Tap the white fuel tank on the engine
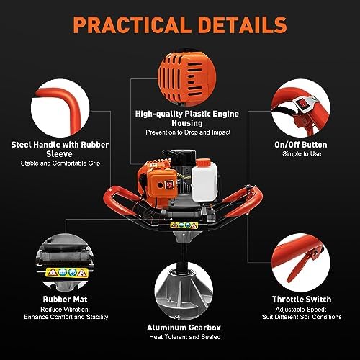[204, 182]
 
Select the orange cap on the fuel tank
[203, 162]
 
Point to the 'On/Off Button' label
[301, 145]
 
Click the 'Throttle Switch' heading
[302, 300]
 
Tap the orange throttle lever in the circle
[303, 265]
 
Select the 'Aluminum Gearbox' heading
[184, 328]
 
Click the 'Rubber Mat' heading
[65, 300]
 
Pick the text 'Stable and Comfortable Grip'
[60, 163]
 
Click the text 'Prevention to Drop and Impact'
[188, 132]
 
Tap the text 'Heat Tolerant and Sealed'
[185, 337]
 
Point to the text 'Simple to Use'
[302, 154]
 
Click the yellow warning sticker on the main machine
[184, 225]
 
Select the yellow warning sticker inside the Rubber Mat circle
[67, 272]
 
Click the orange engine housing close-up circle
[187, 78]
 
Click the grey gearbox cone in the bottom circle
[184, 292]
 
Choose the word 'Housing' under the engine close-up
[187, 123]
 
